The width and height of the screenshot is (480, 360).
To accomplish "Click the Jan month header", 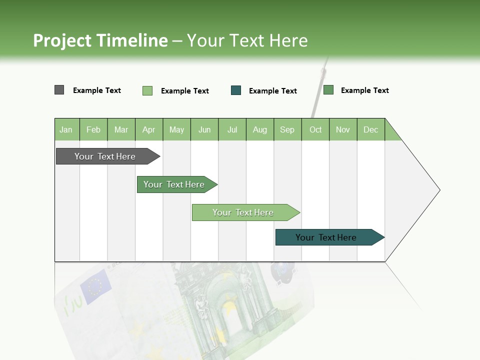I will coord(66,129).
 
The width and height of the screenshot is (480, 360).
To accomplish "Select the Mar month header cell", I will coord(121,129).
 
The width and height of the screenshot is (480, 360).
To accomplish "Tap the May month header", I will coord(176,129).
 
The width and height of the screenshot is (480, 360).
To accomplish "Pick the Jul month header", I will coord(232,129).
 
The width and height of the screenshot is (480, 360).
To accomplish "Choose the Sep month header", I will coord(287,129).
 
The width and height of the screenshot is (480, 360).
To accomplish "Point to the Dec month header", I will coord(370,129).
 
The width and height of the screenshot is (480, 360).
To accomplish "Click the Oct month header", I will coord(315,129).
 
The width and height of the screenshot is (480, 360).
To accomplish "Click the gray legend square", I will coord(59,90).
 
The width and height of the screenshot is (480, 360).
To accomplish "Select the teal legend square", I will coord(236,90).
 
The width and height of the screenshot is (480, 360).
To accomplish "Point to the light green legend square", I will coord(147,90).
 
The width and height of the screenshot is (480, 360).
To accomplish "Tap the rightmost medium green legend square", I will coord(328,90).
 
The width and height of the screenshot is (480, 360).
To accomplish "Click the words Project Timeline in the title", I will coord(100,40).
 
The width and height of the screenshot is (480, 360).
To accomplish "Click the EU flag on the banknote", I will coord(94,286).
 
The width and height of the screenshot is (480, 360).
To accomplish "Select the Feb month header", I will coord(93,129).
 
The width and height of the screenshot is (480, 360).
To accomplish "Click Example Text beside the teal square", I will coord(272,91).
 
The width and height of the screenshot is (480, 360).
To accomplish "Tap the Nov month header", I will coord(343,129).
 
